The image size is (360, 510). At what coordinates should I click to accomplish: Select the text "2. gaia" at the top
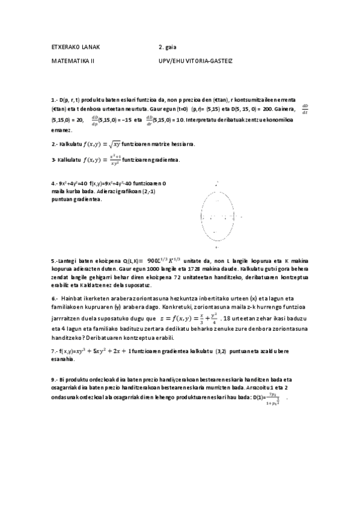(x=167, y=46)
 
